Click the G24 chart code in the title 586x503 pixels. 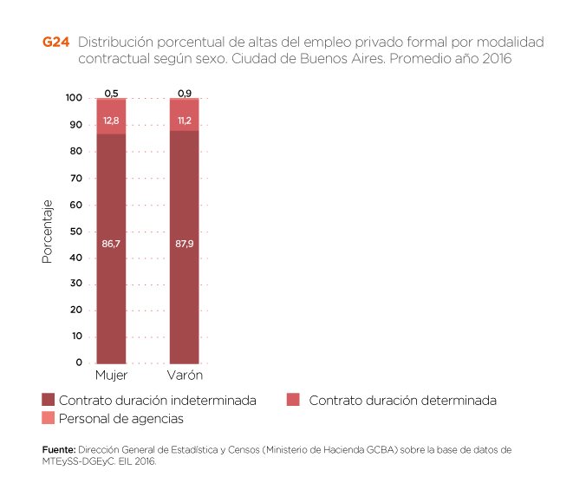click(55, 42)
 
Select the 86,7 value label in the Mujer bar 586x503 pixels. click(111, 245)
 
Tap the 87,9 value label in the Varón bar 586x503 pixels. click(184, 245)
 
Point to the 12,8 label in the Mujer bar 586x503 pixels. click(111, 121)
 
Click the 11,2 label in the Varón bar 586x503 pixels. click(184, 121)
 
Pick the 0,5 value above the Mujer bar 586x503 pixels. click(111, 92)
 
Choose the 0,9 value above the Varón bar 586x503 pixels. click(184, 92)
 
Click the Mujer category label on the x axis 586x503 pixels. click(111, 375)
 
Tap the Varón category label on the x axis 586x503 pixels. click(184, 375)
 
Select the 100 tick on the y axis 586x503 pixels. click(74, 99)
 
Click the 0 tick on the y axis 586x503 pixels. click(79, 363)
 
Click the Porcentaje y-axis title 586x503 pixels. click(49, 232)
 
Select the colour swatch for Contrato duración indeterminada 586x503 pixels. click(49, 401)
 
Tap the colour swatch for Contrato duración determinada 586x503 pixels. click(293, 401)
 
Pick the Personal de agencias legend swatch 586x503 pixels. click(49, 418)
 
